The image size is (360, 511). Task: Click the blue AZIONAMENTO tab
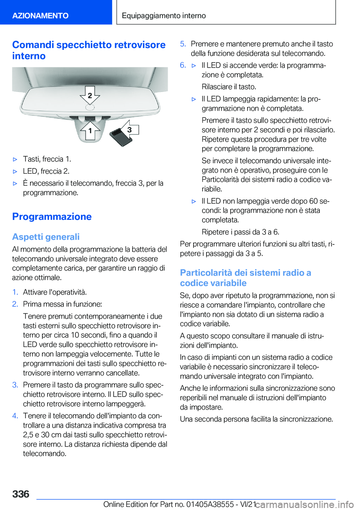pos(40,15)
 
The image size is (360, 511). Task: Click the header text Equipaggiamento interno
pos(163,15)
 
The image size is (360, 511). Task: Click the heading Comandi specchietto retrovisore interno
pos(88,50)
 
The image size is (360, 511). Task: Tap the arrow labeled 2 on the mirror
pos(90,95)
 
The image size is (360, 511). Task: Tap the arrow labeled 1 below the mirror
pos(90,130)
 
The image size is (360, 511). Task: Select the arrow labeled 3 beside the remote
pos(129,129)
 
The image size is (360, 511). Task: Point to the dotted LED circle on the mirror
pos(90,108)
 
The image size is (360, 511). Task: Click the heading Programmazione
pos(52,216)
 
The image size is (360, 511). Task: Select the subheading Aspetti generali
pos(46,237)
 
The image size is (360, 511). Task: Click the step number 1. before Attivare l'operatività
pos(15,292)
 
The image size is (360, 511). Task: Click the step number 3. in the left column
pos(15,385)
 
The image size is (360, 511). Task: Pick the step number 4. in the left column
pos(15,416)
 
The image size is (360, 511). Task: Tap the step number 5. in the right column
pos(183,44)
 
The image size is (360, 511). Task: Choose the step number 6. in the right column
pos(183,65)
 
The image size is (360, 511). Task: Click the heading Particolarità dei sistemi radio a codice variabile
pos(245,278)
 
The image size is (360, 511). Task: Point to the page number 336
pos(21,494)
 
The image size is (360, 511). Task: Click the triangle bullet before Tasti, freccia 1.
pos(15,159)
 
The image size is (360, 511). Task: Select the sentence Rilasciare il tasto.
pos(229,87)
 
